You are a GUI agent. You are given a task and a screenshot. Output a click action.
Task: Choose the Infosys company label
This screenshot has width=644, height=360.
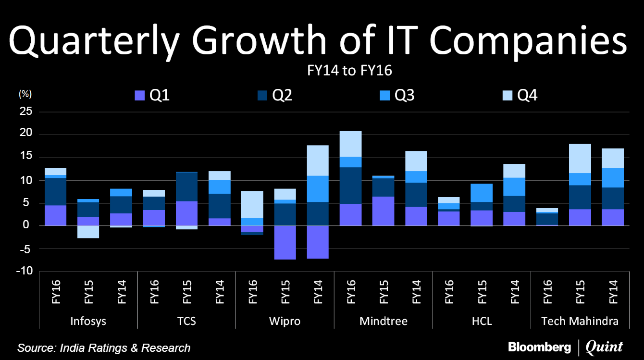pos(88,321)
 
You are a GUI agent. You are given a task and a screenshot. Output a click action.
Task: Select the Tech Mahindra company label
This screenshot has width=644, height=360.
pos(580,321)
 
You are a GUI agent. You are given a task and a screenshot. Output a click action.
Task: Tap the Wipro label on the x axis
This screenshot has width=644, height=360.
pos(285,321)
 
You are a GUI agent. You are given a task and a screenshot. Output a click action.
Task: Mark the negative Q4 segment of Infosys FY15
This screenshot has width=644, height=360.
pos(88,232)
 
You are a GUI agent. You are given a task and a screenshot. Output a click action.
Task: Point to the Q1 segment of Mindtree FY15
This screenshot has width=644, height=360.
pos(383,211)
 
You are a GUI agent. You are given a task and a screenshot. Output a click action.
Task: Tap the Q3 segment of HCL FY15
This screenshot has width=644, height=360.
pos(482,193)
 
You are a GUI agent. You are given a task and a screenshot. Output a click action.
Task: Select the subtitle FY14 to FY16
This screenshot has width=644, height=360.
pos(350,71)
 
